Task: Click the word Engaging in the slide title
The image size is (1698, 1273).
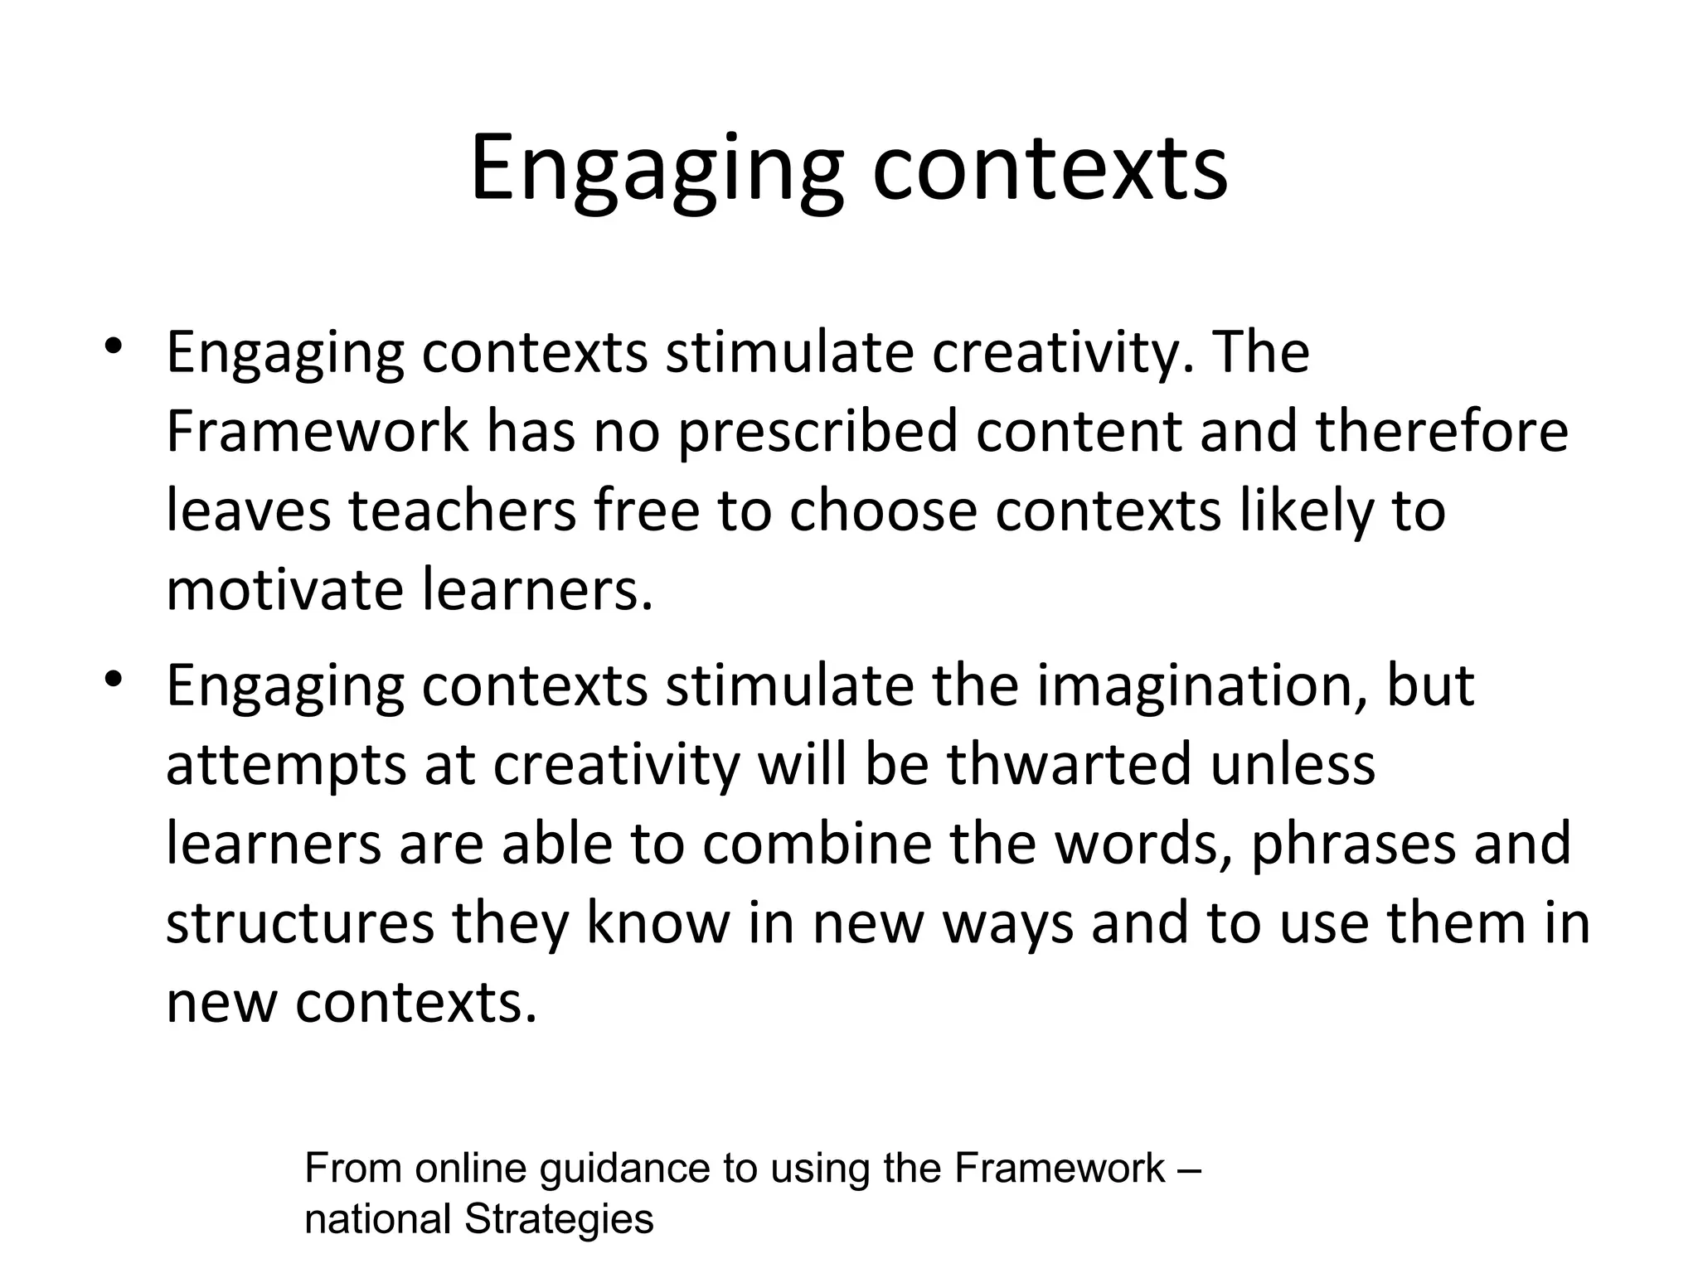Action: click(656, 170)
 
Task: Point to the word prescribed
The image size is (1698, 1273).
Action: click(817, 433)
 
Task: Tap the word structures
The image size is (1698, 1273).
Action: click(299, 922)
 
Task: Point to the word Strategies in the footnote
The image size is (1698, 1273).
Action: click(559, 1219)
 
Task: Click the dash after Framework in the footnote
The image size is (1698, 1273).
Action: click(1189, 1169)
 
